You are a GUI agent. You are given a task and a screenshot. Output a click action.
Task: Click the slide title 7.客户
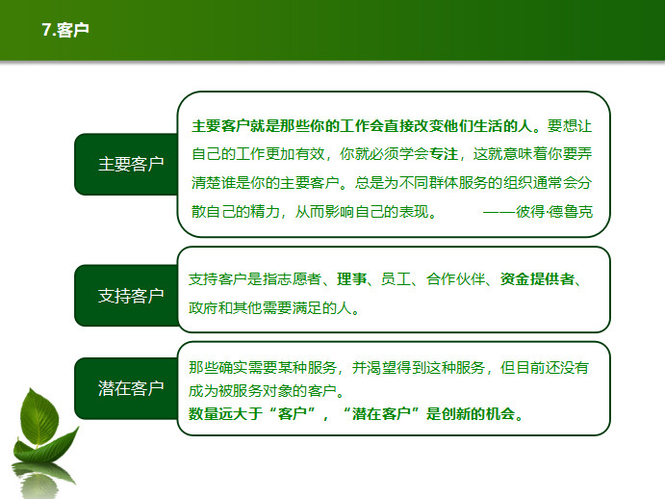click(x=65, y=30)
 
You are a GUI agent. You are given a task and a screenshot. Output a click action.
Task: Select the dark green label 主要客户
click(x=131, y=165)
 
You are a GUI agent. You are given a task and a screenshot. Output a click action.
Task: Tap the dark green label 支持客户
click(x=131, y=296)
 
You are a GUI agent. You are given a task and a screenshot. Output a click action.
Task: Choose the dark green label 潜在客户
click(x=131, y=388)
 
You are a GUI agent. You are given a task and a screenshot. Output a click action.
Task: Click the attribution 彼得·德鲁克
click(x=554, y=212)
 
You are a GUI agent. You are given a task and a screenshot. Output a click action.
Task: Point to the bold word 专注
click(x=444, y=154)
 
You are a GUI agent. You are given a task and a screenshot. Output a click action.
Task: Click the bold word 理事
click(x=351, y=279)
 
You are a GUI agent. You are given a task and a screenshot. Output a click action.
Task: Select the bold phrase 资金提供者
click(x=537, y=279)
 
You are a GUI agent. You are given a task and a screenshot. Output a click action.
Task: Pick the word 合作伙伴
click(x=455, y=279)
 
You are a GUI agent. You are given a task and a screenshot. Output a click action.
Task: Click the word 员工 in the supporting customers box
click(x=396, y=279)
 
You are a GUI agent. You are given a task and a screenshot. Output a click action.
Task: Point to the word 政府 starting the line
click(x=203, y=307)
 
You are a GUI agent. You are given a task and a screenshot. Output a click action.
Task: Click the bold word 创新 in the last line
click(x=456, y=413)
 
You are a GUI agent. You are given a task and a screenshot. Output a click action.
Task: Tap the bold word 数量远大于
click(x=225, y=413)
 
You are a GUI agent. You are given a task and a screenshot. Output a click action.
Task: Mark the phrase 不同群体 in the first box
click(x=428, y=183)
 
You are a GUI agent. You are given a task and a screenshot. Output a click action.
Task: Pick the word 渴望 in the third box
click(x=381, y=367)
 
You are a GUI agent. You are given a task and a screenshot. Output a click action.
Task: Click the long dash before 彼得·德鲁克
click(x=499, y=212)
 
